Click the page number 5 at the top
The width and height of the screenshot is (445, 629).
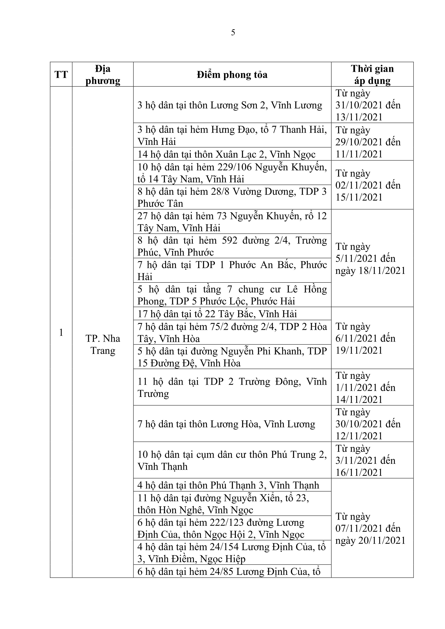pyautogui.click(x=233, y=33)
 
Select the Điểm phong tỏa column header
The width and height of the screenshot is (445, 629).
pyautogui.click(x=232, y=75)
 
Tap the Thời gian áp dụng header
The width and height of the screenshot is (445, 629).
pyautogui.click(x=372, y=75)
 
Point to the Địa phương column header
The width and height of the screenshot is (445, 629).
pyautogui.click(x=103, y=75)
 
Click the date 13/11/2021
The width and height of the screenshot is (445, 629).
pyautogui.click(x=359, y=117)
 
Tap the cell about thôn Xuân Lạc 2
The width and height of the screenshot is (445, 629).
pyautogui.click(x=227, y=154)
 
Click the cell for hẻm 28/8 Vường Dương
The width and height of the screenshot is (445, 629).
pyautogui.click(x=232, y=197)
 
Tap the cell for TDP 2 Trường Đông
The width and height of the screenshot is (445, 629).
pyautogui.click(x=232, y=387)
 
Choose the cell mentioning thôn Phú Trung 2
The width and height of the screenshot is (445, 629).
pyautogui.click(x=232, y=460)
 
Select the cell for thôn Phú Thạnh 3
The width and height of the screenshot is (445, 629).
pyautogui.click(x=228, y=485)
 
